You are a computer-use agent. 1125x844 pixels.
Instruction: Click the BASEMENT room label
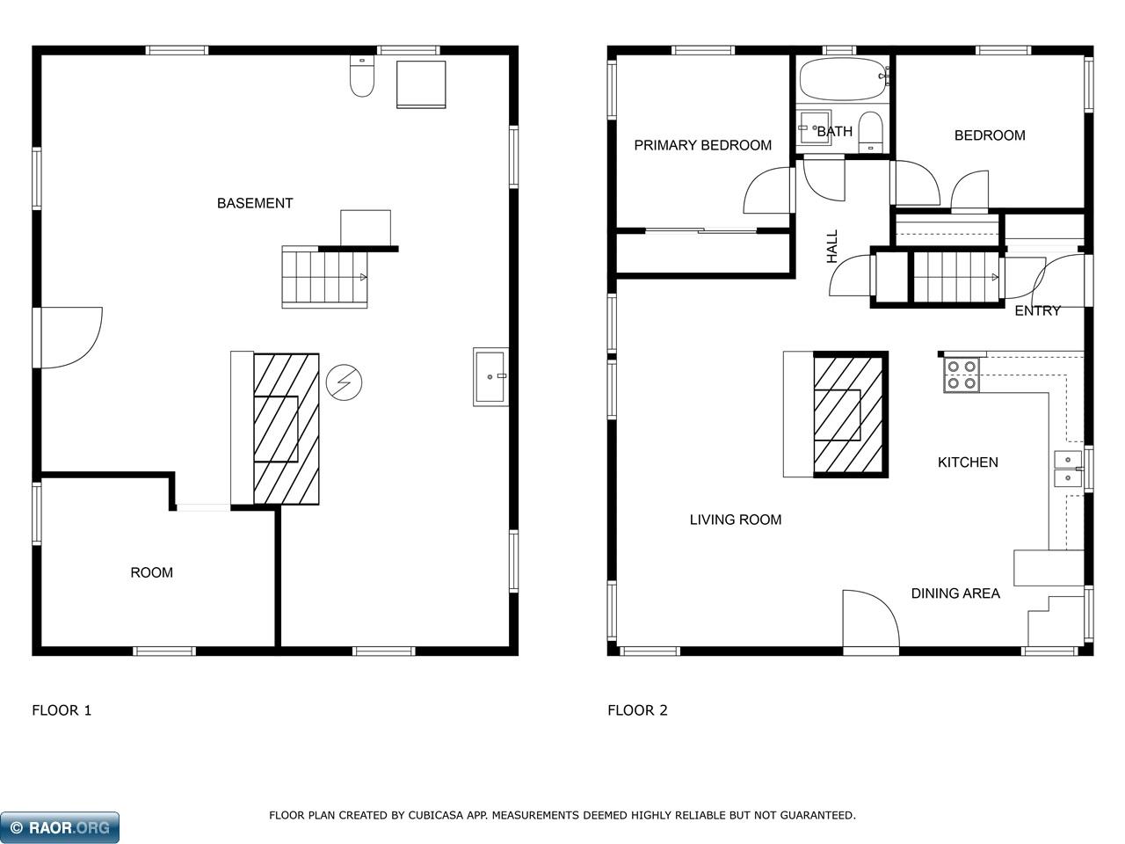coord(255,203)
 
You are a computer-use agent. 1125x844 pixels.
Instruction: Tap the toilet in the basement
coord(362,76)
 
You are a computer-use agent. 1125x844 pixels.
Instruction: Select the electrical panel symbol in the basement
coord(344,382)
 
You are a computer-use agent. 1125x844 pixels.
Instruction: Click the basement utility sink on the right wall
coord(490,376)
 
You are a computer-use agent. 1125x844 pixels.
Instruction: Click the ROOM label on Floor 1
coord(151,572)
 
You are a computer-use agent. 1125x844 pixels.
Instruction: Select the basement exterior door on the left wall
coord(69,338)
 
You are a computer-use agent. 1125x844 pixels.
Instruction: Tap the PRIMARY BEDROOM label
coord(702,145)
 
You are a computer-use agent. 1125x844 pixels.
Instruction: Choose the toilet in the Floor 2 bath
coord(870,132)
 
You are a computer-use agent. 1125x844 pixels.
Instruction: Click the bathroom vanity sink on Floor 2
coord(813,128)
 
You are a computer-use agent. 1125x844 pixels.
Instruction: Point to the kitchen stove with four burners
coord(961,375)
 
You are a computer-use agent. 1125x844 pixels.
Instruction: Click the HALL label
coord(832,247)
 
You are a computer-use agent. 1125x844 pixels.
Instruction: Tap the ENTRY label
coord(1037,310)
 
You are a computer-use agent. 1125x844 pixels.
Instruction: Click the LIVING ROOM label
coord(735,520)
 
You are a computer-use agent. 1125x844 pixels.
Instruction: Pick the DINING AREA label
coord(954,593)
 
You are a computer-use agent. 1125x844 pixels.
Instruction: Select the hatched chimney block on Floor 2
coord(850,414)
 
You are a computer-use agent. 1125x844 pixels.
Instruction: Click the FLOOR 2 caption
coord(637,710)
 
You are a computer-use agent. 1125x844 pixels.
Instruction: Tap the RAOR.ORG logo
coord(61,827)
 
